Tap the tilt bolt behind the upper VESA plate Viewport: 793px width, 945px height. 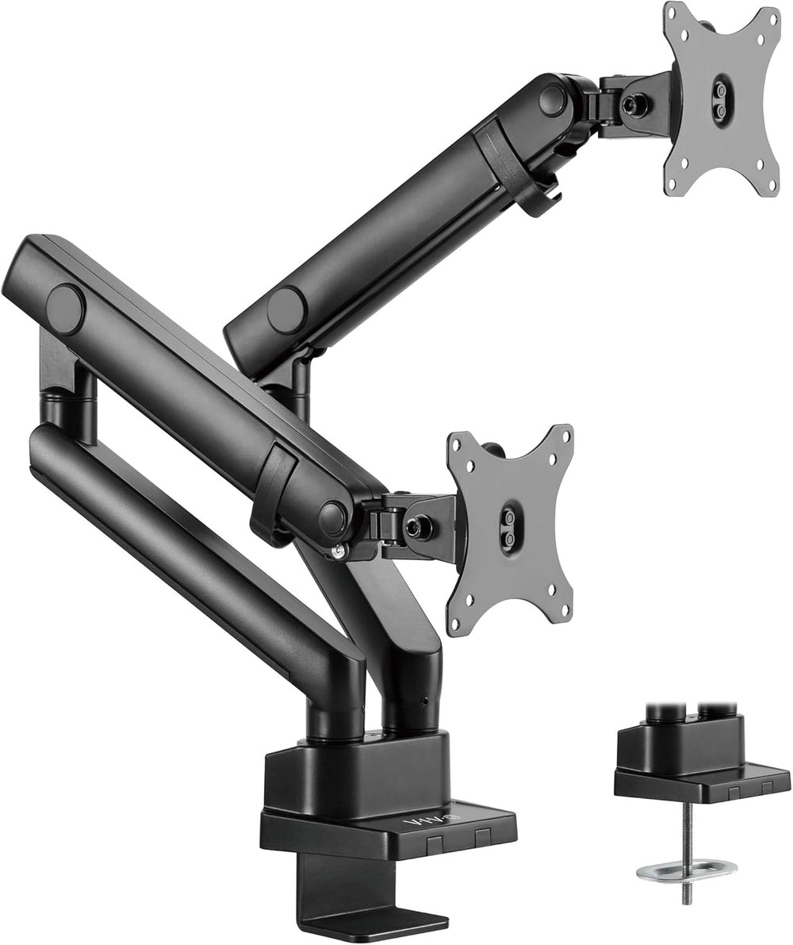pos(633,104)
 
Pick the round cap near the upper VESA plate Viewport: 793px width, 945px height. pos(553,100)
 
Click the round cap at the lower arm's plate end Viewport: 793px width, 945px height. pos(333,517)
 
